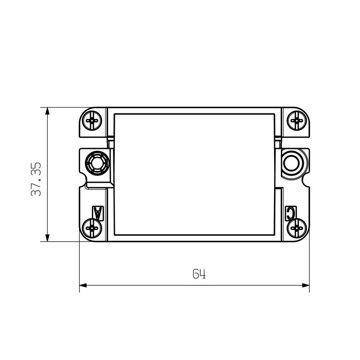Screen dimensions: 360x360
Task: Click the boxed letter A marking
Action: [98, 212]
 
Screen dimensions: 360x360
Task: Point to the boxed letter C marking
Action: [291, 212]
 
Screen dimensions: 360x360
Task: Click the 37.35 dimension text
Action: [36, 179]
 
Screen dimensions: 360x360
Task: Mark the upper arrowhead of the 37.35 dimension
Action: [47, 111]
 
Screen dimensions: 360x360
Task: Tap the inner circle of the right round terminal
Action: [293, 162]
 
